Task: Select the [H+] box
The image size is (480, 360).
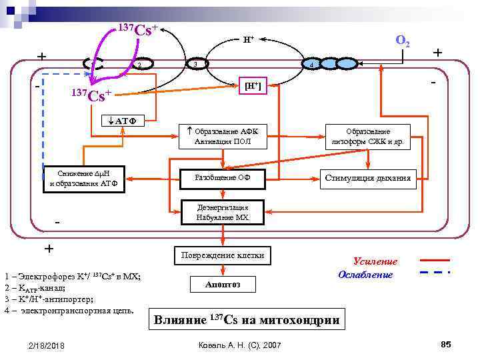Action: (x=253, y=85)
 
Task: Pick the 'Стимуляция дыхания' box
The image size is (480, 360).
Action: (x=369, y=177)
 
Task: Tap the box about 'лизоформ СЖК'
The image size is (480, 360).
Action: (x=368, y=136)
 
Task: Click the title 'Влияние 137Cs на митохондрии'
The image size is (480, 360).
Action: (x=246, y=320)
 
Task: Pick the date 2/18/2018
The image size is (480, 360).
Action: (x=47, y=345)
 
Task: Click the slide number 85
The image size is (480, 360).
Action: (x=446, y=344)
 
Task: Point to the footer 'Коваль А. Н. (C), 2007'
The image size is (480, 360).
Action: (x=240, y=345)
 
